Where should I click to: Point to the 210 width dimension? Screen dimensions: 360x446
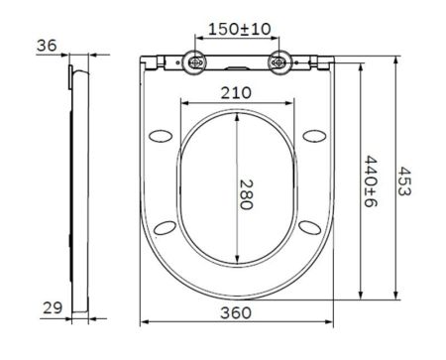(237, 93)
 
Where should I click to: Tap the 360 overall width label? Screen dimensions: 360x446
(236, 312)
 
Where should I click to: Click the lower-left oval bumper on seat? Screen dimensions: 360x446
(167, 229)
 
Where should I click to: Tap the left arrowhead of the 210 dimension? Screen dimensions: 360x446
(178, 102)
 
